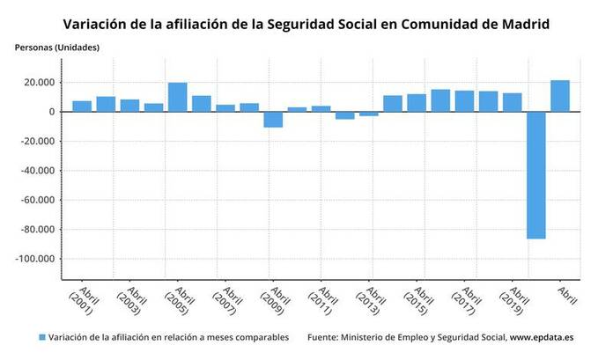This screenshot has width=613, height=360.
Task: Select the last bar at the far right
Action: [x=560, y=96]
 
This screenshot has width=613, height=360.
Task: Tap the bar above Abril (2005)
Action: [x=177, y=97]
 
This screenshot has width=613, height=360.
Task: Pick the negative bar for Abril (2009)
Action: [x=273, y=120]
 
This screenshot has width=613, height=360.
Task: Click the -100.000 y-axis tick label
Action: [x=36, y=259]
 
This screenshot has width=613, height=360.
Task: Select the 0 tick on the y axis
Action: [x=52, y=112]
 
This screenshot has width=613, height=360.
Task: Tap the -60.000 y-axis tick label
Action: [x=38, y=200]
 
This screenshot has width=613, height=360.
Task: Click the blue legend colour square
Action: [x=41, y=337]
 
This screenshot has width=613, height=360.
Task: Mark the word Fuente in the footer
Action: [x=325, y=337]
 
